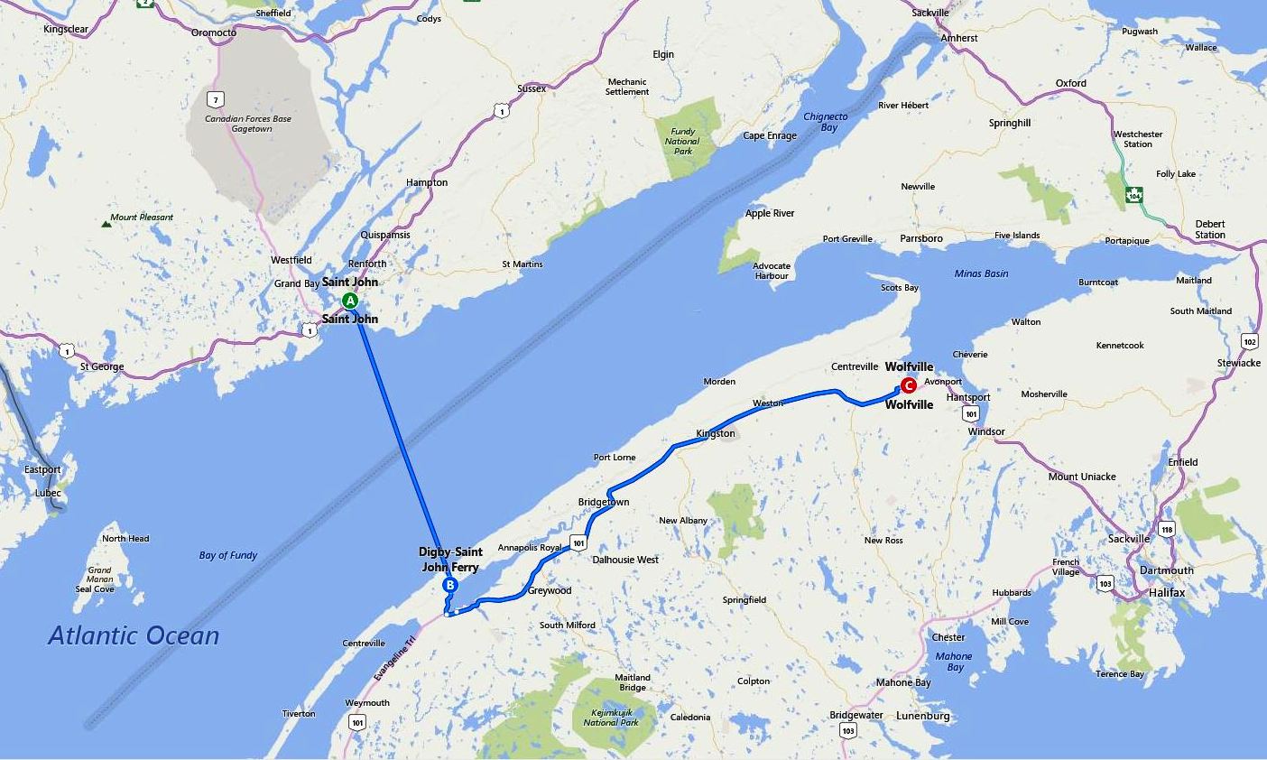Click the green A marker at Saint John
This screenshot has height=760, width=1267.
(x=350, y=301)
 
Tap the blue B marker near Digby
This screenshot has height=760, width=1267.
(x=450, y=585)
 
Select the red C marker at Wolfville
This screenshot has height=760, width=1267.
(x=909, y=385)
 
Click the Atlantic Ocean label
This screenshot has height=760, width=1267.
(x=134, y=635)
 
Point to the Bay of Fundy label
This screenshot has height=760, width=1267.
(x=228, y=555)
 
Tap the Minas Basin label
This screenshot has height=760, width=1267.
(x=981, y=273)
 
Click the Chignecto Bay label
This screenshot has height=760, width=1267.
(x=826, y=122)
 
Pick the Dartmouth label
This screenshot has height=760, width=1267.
(x=1166, y=570)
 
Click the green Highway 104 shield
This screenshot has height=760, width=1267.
(x=1134, y=194)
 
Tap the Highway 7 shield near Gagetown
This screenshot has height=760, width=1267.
(x=214, y=98)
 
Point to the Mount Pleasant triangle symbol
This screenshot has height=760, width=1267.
(x=106, y=219)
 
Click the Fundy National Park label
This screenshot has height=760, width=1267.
(x=682, y=141)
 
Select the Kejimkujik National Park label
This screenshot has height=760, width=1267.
(x=611, y=717)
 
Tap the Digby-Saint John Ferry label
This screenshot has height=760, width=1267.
(x=450, y=559)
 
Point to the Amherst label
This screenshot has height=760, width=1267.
(x=958, y=38)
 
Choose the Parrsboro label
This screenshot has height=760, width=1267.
(x=920, y=238)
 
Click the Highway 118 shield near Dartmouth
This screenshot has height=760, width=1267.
(x=1167, y=530)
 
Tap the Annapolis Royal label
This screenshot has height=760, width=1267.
(x=530, y=547)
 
